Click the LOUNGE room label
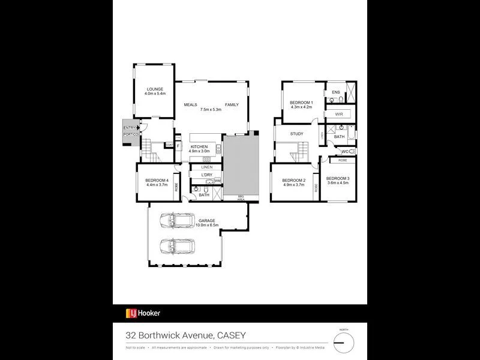click(x=154, y=89)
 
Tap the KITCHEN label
click(x=199, y=147)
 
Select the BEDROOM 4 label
click(x=156, y=181)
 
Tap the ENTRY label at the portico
click(x=129, y=128)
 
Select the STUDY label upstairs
click(x=296, y=134)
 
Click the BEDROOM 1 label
click(x=302, y=103)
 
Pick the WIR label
click(x=338, y=113)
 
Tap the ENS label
click(x=336, y=92)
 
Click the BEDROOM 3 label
click(x=338, y=178)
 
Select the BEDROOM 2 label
click(x=294, y=181)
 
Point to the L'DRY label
click(x=198, y=174)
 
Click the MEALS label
click(x=191, y=104)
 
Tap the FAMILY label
click(x=232, y=104)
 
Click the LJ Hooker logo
click(x=142, y=313)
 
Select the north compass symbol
click(x=344, y=342)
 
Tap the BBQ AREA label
click(x=240, y=198)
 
